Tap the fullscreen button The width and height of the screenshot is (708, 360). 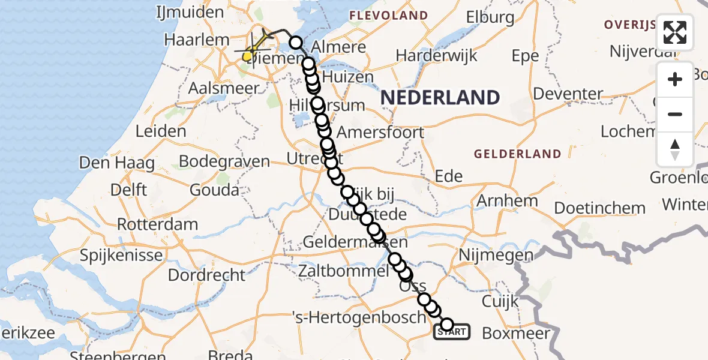click(x=675, y=32)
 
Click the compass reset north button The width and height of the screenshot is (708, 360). click(x=675, y=149)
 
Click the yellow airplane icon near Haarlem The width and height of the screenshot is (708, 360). click(x=259, y=42)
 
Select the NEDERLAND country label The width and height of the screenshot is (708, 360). click(x=440, y=97)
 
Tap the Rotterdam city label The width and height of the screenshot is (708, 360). click(x=157, y=225)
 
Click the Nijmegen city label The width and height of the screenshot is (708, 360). click(x=496, y=255)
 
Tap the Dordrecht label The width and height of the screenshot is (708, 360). click(x=207, y=275)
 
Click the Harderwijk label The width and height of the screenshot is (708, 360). click(x=437, y=56)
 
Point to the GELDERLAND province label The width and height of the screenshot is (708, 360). click(x=517, y=154)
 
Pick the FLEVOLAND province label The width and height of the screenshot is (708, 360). click(x=388, y=16)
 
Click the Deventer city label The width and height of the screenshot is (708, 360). click(x=568, y=94)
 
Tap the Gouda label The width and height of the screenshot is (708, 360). click(x=214, y=190)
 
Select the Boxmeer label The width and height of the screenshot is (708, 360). click(x=516, y=333)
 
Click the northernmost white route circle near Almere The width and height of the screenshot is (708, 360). click(x=296, y=43)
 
